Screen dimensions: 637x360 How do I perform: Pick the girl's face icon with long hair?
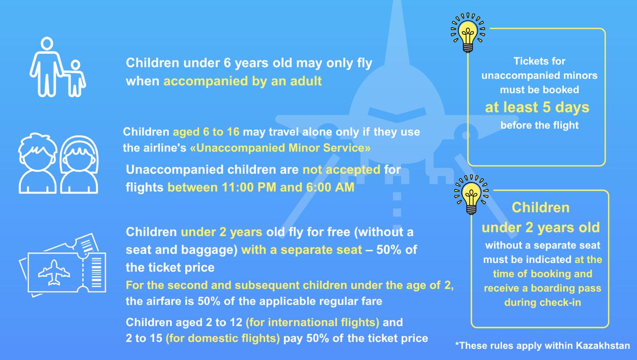pyautogui.click(x=79, y=164)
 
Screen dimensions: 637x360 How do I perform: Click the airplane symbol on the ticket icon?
pyautogui.click(x=54, y=272)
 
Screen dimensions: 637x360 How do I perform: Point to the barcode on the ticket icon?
pyautogui.click(x=97, y=272)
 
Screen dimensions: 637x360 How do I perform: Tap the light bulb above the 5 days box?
pyautogui.click(x=468, y=32)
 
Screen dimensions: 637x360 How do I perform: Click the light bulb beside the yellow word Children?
pyautogui.click(x=471, y=194)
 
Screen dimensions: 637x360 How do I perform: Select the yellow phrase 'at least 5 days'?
pyautogui.click(x=537, y=107)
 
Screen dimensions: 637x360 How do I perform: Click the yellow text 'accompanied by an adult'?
pyautogui.click(x=242, y=81)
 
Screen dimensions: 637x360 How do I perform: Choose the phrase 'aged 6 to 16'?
pyautogui.click(x=206, y=132)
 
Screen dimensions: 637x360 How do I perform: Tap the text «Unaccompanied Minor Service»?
pyautogui.click(x=280, y=148)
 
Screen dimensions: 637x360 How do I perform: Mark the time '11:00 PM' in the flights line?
pyautogui.click(x=249, y=187)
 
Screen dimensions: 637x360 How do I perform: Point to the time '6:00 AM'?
pyautogui.click(x=330, y=187)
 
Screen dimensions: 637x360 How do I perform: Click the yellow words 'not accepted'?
pyautogui.click(x=341, y=170)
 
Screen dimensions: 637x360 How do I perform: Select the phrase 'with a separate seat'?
pyautogui.click(x=302, y=250)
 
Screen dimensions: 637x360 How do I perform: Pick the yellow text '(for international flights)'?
pyautogui.click(x=313, y=323)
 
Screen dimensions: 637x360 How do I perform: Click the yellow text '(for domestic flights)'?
pyautogui.click(x=222, y=338)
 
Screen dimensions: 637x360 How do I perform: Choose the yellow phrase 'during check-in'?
pyautogui.click(x=542, y=302)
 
